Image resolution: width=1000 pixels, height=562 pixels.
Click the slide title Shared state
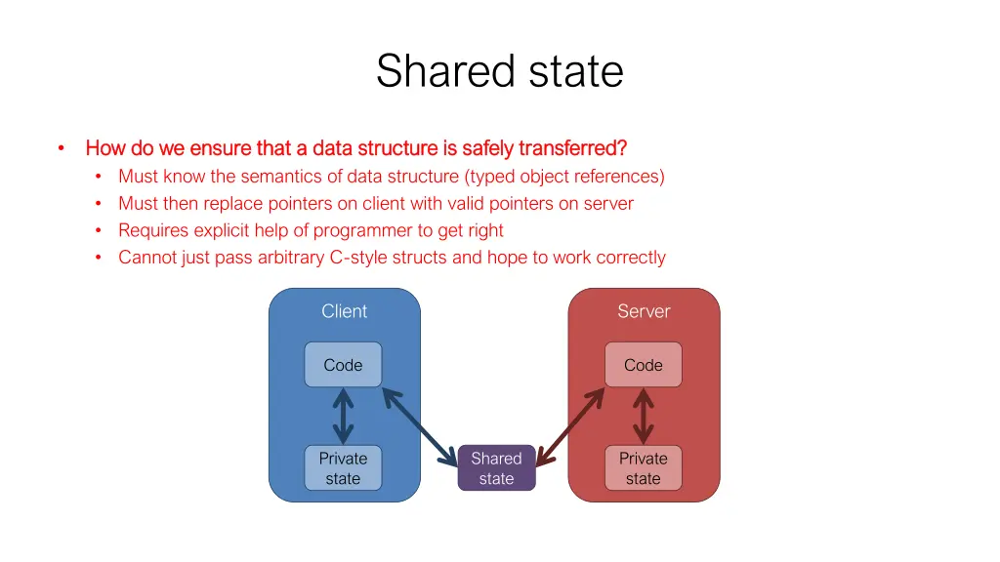tap(499, 71)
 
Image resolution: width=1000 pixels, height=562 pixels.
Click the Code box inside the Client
tap(343, 365)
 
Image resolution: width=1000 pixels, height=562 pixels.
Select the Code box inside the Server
tap(643, 365)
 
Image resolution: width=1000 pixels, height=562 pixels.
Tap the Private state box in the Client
tap(343, 468)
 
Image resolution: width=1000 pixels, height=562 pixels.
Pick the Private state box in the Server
tap(643, 468)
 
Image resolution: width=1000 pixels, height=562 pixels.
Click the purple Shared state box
tap(496, 468)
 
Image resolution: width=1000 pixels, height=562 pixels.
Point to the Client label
tap(344, 311)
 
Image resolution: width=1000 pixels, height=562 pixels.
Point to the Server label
tap(644, 311)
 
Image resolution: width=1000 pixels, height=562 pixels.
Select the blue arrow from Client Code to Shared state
tap(420, 425)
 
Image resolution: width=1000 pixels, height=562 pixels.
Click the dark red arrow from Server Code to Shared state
tap(571, 425)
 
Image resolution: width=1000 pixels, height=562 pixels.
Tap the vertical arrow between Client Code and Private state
tap(343, 417)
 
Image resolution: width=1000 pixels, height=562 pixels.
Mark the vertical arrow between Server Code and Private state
tap(643, 417)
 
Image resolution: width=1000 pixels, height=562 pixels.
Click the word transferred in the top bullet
tap(572, 148)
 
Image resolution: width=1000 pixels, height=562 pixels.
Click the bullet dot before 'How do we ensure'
tap(61, 148)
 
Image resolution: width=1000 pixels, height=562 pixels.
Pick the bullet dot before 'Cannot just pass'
tap(99, 258)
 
